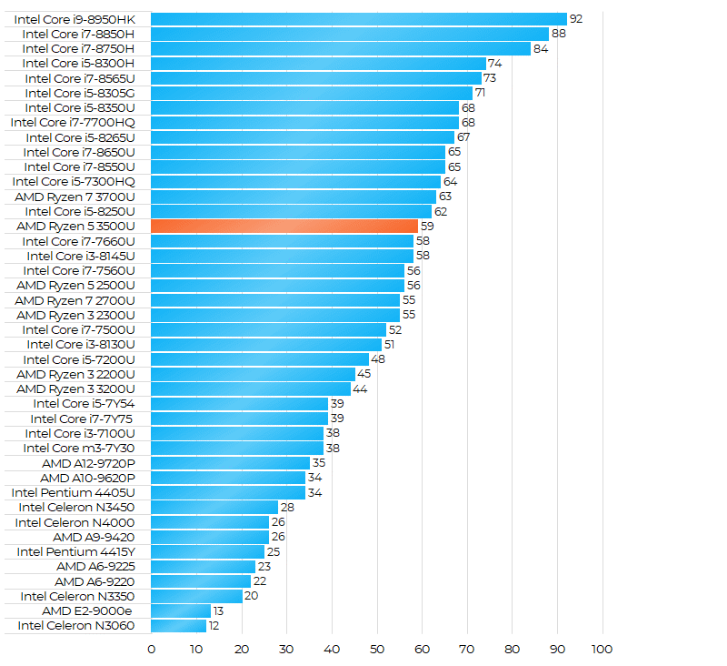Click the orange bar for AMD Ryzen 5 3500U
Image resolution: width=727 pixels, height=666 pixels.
(284, 226)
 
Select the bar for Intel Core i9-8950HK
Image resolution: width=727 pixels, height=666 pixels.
(358, 19)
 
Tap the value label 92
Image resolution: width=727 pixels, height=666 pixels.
(575, 19)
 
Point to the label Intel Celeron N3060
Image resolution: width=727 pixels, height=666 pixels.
(75, 625)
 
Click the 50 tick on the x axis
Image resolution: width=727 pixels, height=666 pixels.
(376, 649)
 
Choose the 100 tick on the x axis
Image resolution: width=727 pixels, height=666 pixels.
(602, 649)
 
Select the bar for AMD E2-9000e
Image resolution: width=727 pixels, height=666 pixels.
(180, 610)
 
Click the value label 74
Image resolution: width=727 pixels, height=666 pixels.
(494, 63)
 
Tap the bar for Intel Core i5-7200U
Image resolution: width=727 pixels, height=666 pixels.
(259, 359)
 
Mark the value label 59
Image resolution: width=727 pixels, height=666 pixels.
(426, 226)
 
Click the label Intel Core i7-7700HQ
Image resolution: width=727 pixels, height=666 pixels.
(73, 122)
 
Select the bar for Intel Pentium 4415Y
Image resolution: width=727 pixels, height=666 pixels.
(207, 551)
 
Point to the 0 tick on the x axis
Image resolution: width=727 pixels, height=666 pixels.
(151, 649)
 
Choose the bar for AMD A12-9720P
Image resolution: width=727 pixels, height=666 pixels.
(230, 463)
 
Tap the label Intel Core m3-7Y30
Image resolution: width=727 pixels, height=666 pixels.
(79, 448)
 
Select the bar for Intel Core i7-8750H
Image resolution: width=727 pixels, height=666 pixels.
(340, 48)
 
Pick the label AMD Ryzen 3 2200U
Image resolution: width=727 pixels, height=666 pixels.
(75, 374)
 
